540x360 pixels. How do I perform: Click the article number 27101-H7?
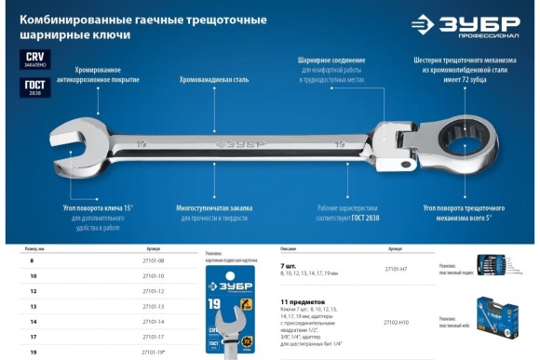(x=396, y=269)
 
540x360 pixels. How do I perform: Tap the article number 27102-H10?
(x=396, y=322)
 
